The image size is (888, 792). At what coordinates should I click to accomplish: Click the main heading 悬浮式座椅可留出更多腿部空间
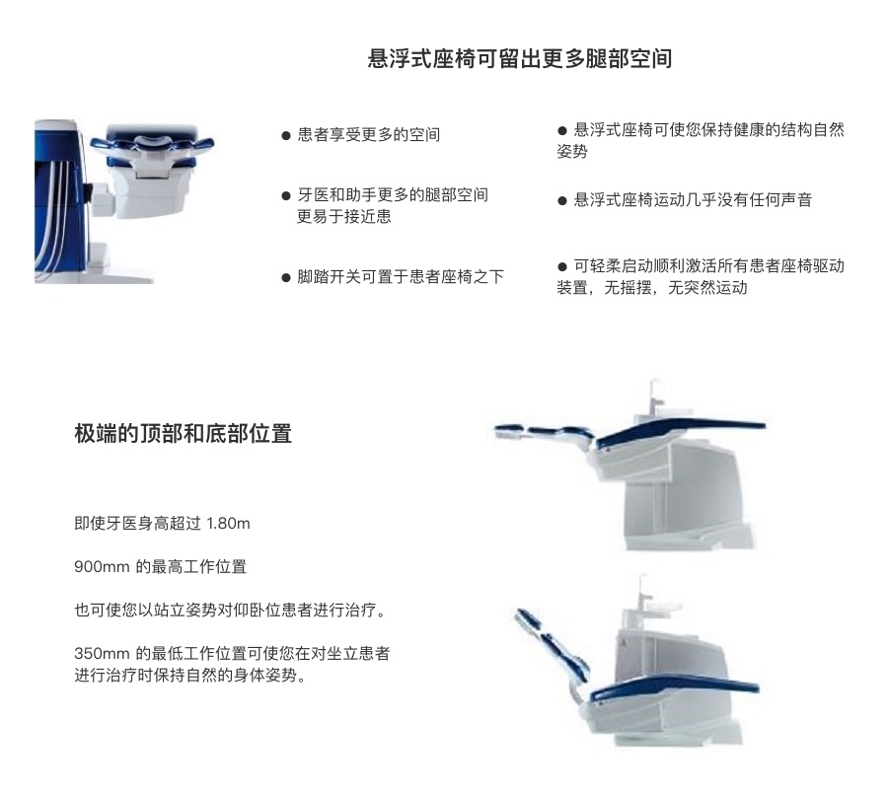520,59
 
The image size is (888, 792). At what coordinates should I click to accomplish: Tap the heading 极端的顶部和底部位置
183,434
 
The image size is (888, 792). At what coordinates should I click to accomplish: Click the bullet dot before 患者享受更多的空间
286,136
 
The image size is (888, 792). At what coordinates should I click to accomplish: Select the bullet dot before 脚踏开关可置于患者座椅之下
286,278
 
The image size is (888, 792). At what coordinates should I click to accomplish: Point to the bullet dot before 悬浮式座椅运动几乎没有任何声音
562,201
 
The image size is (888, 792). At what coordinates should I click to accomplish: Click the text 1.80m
228,524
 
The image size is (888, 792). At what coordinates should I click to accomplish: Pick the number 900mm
102,567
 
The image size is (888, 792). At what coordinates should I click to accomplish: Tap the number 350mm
102,654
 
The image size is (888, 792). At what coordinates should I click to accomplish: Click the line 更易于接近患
343,217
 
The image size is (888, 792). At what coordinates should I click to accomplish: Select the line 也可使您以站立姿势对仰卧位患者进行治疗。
230,611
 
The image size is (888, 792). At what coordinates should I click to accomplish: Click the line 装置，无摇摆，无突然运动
652,288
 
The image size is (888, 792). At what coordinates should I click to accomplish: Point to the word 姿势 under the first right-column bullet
572,151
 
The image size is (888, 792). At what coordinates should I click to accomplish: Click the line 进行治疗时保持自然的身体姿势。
190,676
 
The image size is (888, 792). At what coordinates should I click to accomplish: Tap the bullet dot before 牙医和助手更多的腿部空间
286,196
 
